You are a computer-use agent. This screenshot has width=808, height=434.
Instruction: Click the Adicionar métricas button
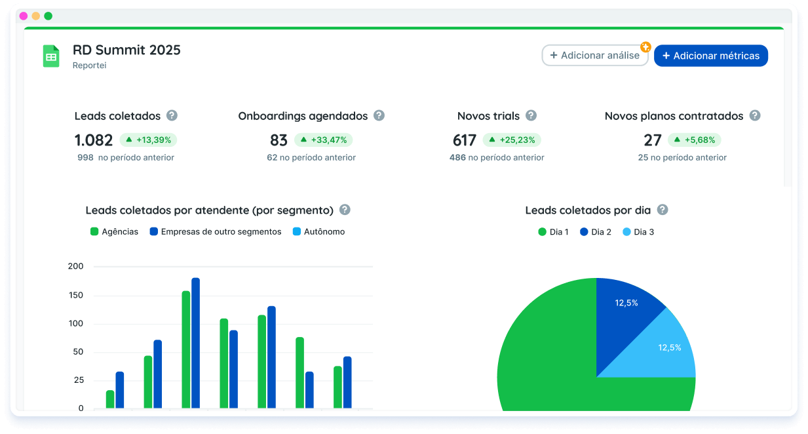click(x=710, y=56)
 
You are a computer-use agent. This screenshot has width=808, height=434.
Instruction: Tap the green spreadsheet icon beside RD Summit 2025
click(x=51, y=56)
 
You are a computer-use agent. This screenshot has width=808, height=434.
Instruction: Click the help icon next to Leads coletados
click(x=172, y=115)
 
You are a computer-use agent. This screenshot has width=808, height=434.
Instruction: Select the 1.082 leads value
click(x=93, y=140)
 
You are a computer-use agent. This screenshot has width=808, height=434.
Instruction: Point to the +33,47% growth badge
click(x=323, y=140)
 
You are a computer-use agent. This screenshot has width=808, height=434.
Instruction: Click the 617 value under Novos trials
click(x=464, y=140)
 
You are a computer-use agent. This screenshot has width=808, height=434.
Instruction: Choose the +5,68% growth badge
click(x=694, y=140)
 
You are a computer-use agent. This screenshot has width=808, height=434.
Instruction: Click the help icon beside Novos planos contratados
click(x=755, y=115)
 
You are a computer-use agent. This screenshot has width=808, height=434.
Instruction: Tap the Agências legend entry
click(x=114, y=231)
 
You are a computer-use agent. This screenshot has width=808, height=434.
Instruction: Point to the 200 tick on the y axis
click(x=75, y=266)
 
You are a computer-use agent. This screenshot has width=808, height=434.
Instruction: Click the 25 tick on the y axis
click(x=79, y=380)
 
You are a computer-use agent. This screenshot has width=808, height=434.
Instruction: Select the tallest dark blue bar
click(x=195, y=341)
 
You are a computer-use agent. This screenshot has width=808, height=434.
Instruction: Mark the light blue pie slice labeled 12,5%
click(x=665, y=351)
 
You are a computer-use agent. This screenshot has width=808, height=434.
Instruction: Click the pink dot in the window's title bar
click(x=24, y=16)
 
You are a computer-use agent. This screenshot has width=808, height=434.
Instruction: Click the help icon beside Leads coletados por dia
click(x=663, y=210)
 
